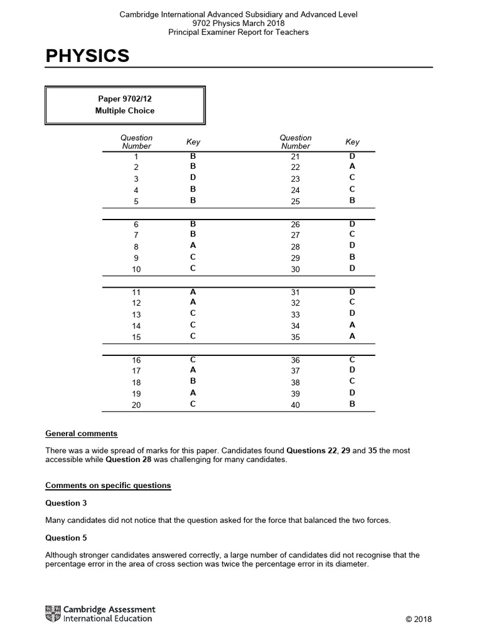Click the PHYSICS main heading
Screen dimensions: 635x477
tap(88, 56)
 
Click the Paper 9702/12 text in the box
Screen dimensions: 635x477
tap(125, 99)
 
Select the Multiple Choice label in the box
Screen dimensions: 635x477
tap(125, 110)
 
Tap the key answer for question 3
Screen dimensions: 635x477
tap(193, 178)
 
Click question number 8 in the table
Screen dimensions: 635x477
tap(136, 247)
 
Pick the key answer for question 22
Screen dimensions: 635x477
tap(352, 166)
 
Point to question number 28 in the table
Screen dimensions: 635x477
tap(295, 247)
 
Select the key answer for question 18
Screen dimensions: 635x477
tap(193, 382)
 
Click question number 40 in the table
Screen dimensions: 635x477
tap(295, 405)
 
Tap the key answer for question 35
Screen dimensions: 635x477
tap(352, 336)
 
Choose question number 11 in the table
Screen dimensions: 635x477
tap(136, 292)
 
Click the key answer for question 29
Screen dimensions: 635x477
tap(352, 257)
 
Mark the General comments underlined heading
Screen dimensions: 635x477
tap(81, 433)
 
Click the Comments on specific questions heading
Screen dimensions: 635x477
tap(108, 485)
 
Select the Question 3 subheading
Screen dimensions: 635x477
tap(63, 503)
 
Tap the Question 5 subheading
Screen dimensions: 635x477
tap(63, 538)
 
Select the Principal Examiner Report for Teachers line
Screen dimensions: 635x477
tap(238, 32)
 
